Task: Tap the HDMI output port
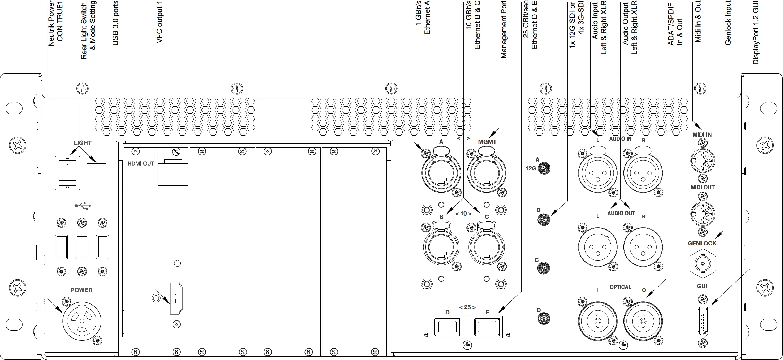tap(176, 298)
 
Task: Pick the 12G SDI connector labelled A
tap(544, 168)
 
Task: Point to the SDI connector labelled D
tap(544, 319)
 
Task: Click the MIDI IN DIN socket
tap(703, 161)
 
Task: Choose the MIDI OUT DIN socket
tap(703, 214)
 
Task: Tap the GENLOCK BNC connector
tap(703, 263)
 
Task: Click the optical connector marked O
tap(643, 321)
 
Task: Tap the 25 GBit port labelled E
tap(487, 327)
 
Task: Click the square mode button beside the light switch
tap(96, 173)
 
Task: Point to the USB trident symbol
tap(83, 206)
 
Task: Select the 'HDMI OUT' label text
tap(140, 164)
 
